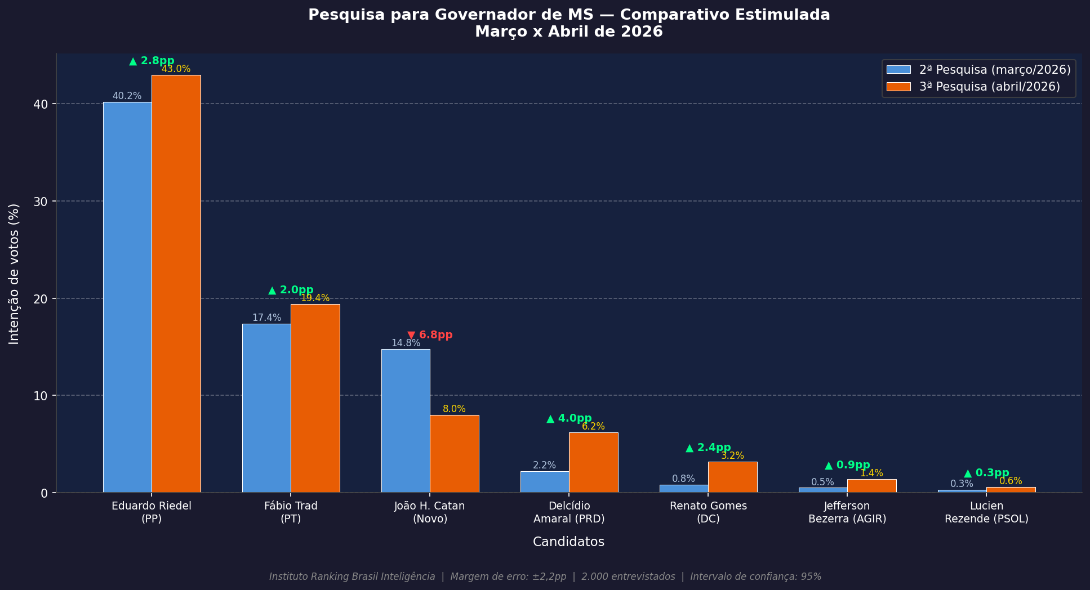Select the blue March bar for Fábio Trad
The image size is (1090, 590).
[x=266, y=408]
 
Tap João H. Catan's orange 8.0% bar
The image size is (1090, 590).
[x=454, y=454]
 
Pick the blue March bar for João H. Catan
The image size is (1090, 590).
[x=406, y=421]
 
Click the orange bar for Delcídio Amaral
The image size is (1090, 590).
[x=593, y=462]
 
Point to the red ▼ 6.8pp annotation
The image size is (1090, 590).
[x=430, y=335]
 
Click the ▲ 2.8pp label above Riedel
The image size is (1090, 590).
[x=152, y=61]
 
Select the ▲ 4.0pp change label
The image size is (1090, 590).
[x=569, y=418]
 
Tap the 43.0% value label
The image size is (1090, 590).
[x=176, y=69]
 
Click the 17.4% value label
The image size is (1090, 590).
[x=266, y=318]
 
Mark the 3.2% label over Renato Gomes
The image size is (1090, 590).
[x=732, y=455]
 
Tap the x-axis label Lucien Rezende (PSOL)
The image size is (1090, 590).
[x=986, y=512]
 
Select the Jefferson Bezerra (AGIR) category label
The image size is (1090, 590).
[x=847, y=512]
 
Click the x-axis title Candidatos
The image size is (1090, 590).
[x=568, y=542]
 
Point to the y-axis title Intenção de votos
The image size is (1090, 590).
[x=14, y=274]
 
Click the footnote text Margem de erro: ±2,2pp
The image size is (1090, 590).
[x=508, y=576]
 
